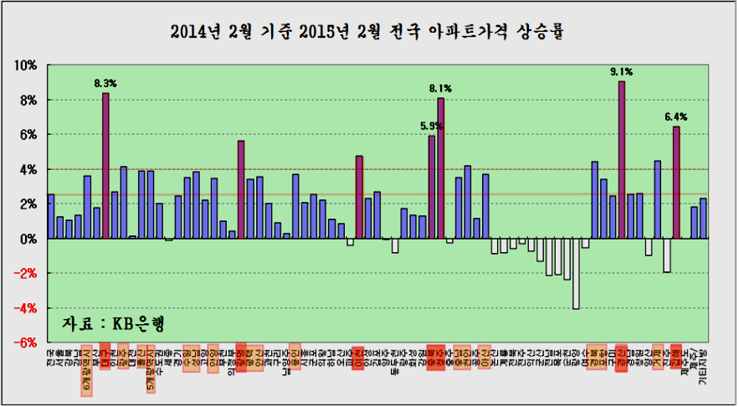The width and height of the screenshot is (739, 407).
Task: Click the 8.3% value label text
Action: [x=105, y=84]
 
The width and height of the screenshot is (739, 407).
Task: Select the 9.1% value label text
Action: [x=622, y=72]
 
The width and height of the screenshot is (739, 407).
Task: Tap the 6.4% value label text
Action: [x=676, y=116]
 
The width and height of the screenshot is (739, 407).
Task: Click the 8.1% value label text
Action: [x=441, y=88]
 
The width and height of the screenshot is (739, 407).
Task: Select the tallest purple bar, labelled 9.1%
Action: [x=622, y=159]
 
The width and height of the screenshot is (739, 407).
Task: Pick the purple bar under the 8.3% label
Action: [x=105, y=165]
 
